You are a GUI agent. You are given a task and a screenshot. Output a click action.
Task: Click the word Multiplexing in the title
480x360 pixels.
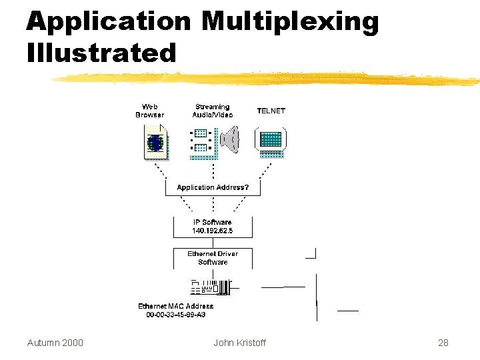[x=290, y=23]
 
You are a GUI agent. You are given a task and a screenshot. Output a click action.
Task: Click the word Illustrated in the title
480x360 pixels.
[x=101, y=53]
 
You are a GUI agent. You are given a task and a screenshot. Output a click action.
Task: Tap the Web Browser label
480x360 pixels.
[x=150, y=111]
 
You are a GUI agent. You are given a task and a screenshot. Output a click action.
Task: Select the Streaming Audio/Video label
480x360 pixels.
[x=213, y=111]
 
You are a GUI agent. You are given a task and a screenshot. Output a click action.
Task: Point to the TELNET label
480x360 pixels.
[x=271, y=111]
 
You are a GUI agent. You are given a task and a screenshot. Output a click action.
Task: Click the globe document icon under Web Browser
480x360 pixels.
[x=156, y=143]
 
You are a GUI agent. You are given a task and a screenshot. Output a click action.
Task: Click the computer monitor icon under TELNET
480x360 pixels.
[x=271, y=141]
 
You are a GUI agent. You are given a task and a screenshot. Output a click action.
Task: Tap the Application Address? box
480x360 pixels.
[x=213, y=187]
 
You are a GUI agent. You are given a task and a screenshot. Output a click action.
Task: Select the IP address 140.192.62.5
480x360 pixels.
[x=213, y=231]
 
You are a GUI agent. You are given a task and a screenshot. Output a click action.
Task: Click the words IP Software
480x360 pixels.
[x=213, y=222]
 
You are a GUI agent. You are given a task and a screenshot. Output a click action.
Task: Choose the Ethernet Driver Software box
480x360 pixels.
[x=213, y=258]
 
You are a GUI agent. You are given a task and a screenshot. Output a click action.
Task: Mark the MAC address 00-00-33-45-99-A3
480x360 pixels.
[x=177, y=315]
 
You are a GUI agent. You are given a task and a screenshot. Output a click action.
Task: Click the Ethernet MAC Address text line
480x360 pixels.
[x=176, y=307]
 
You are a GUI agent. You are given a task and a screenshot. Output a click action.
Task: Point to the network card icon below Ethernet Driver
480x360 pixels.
[x=211, y=287]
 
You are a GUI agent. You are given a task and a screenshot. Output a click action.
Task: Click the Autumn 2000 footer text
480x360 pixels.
[x=55, y=343]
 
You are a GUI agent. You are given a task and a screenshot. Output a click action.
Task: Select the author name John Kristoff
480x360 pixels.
[x=239, y=343]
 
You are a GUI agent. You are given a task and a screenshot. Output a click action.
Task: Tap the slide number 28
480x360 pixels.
[x=443, y=343]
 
